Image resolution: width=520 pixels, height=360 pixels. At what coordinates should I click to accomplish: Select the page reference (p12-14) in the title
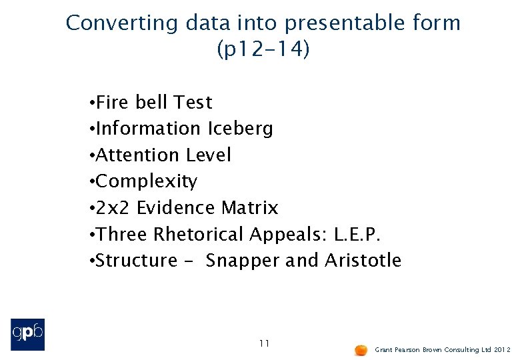tap(263, 49)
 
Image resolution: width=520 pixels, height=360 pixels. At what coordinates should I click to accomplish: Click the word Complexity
tap(147, 181)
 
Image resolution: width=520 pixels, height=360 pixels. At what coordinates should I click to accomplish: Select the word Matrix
tap(249, 208)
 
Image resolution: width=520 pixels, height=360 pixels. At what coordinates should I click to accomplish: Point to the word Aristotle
tap(363, 261)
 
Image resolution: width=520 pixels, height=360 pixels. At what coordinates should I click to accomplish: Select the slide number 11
tap(264, 343)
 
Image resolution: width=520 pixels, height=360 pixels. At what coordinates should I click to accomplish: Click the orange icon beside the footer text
tap(361, 349)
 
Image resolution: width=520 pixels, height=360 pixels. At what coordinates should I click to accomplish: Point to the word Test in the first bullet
tap(193, 103)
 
